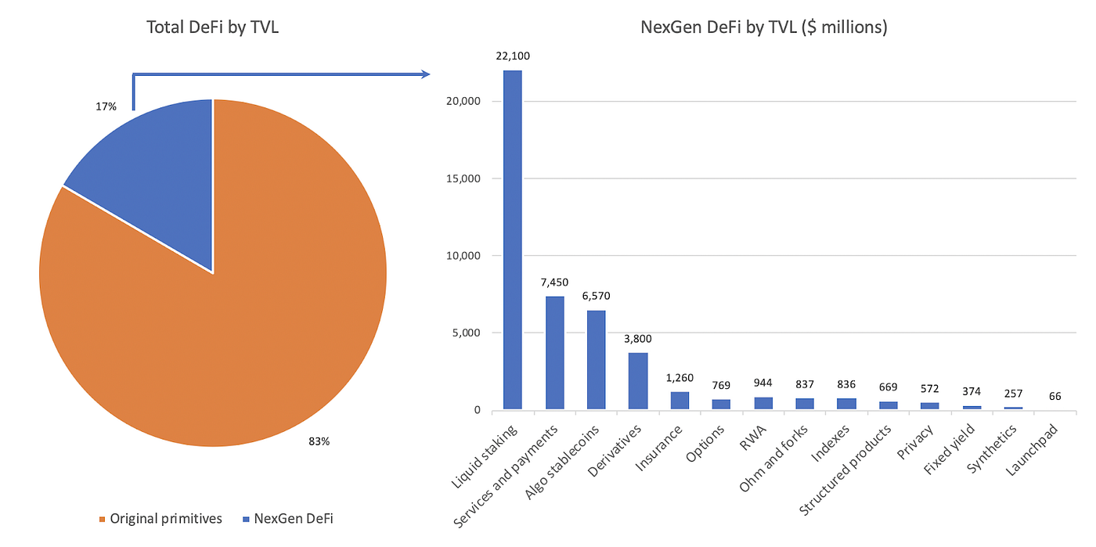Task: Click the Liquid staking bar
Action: (x=513, y=239)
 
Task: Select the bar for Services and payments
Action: (x=555, y=352)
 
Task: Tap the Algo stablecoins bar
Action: (x=597, y=359)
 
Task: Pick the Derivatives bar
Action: (x=638, y=380)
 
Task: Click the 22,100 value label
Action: (x=513, y=56)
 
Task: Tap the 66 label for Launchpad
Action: (x=1055, y=397)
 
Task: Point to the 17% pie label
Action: (x=104, y=106)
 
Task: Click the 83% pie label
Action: (x=318, y=441)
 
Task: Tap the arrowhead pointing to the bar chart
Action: (x=426, y=74)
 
